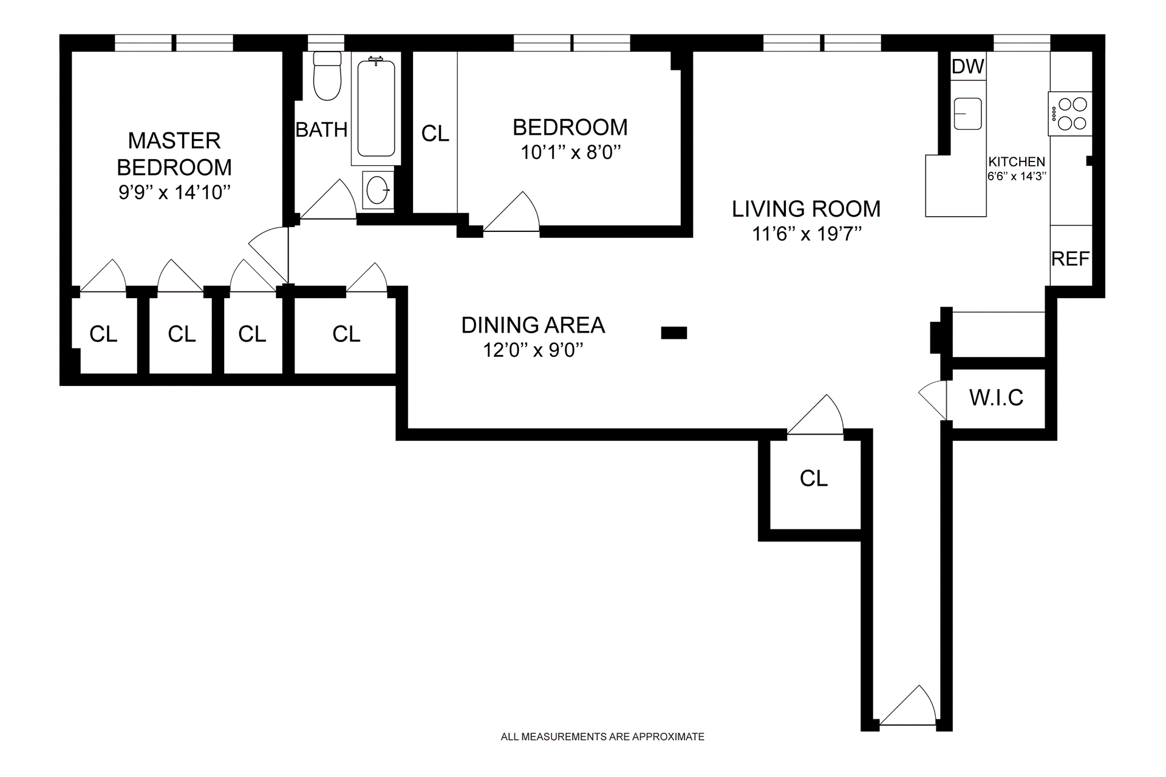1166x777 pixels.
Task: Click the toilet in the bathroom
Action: (327, 76)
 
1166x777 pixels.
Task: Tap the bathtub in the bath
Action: (376, 108)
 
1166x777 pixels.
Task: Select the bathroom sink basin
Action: (378, 190)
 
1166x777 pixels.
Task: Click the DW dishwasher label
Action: (968, 66)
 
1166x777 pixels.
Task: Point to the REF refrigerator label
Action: (1071, 259)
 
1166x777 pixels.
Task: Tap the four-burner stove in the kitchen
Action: (1070, 114)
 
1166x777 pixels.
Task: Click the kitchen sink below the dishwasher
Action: (968, 114)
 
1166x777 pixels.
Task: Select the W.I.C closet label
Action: (997, 398)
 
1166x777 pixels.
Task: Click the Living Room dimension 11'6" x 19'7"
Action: (806, 234)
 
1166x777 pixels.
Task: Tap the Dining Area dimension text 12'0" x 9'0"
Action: (533, 350)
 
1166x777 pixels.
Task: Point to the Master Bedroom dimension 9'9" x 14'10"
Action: (174, 192)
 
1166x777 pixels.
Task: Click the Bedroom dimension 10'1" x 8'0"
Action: (571, 152)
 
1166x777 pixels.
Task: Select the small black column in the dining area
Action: (673, 333)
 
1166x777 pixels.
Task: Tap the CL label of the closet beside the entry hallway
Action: (814, 478)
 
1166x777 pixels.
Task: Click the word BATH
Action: (321, 129)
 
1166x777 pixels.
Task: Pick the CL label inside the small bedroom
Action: (435, 134)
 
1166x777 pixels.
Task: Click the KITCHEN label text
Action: (1017, 161)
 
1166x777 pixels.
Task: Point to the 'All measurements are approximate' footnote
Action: (602, 737)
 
